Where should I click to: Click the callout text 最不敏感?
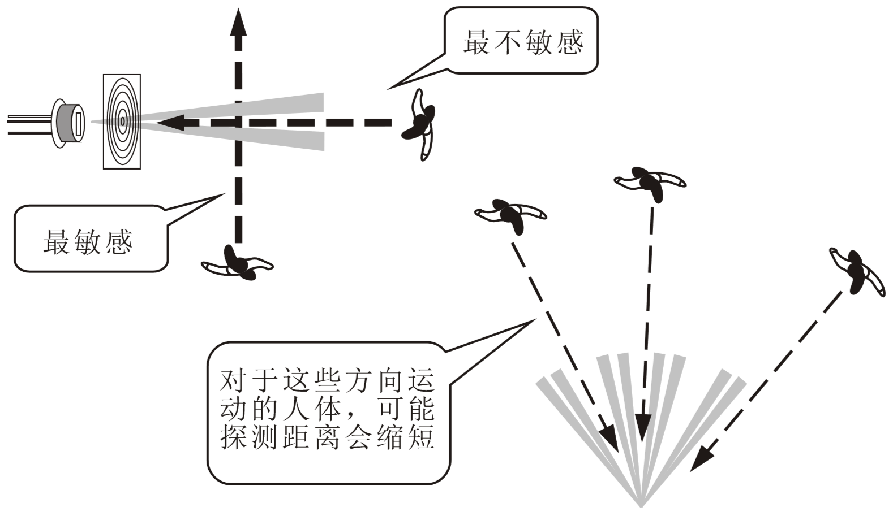522,42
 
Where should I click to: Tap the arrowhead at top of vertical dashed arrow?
239,23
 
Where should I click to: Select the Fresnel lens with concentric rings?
122,122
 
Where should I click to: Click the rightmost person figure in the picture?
856,272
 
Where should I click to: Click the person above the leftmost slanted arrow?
510,215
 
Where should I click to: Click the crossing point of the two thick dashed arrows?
239,122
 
